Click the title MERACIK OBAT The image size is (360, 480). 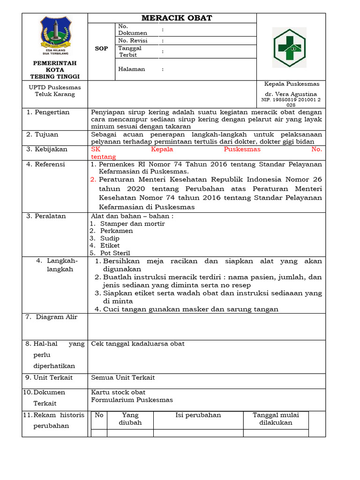tap(177, 18)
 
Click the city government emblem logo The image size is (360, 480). tap(55, 36)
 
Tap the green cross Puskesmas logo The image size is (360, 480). tap(289, 47)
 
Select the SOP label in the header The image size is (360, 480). tap(101, 48)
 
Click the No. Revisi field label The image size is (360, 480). tap(133, 41)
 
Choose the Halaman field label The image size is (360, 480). tap(131, 69)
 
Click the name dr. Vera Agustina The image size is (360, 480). tap(291, 94)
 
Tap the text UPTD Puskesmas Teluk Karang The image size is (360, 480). tap(55, 90)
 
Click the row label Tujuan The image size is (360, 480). tap(46, 135)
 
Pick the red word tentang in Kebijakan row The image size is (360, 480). tap(103, 157)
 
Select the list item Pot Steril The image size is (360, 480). tap(115, 253)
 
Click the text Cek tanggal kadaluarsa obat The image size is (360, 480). tap(138, 344)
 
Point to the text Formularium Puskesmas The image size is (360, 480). tap(132, 400)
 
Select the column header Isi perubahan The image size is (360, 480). tap(198, 415)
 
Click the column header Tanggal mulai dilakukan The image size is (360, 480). tap(276, 419)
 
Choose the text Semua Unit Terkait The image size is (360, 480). tap(123, 377)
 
